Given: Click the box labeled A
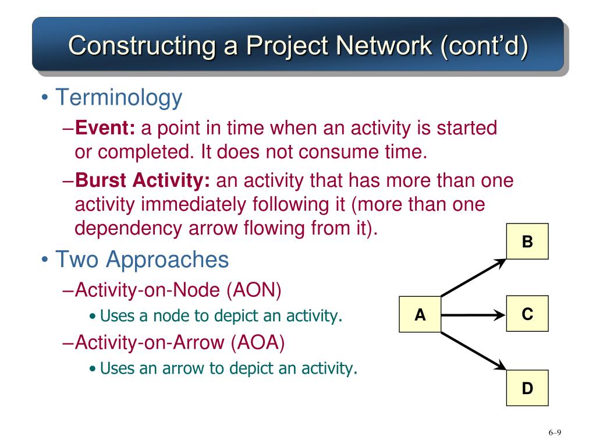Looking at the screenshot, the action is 420,315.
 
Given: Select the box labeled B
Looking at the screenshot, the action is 527,242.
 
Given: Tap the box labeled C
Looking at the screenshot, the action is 527,314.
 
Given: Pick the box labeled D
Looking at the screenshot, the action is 527,388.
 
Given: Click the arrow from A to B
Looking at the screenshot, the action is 473,278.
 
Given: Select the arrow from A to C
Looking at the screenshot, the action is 473,315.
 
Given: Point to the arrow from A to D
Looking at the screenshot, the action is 473,351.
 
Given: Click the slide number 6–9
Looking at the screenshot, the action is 554,432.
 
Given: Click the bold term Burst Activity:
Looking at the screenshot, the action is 143,181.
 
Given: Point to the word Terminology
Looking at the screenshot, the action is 119,97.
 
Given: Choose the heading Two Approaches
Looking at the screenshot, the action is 142,259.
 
